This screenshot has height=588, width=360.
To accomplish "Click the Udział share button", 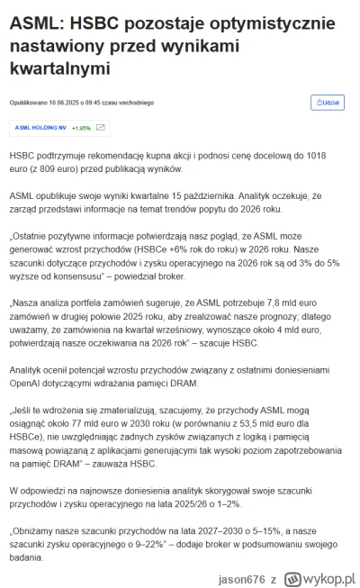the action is coord(326,103).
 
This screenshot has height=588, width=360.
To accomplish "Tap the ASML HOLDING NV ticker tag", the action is coord(40,128).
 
